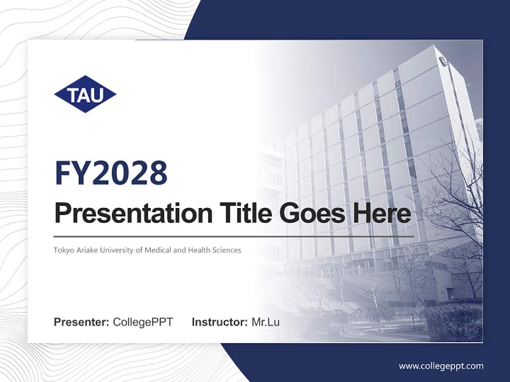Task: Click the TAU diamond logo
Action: pos(85,94)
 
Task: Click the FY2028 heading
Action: pos(111,172)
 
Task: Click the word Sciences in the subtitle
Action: pos(226,249)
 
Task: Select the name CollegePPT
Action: pos(143,322)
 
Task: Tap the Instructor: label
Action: pos(219,322)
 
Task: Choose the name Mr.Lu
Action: pos(265,322)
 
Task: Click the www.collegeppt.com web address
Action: pos(441,366)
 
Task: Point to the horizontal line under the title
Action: pos(234,236)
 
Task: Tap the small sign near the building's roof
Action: pos(444,62)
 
